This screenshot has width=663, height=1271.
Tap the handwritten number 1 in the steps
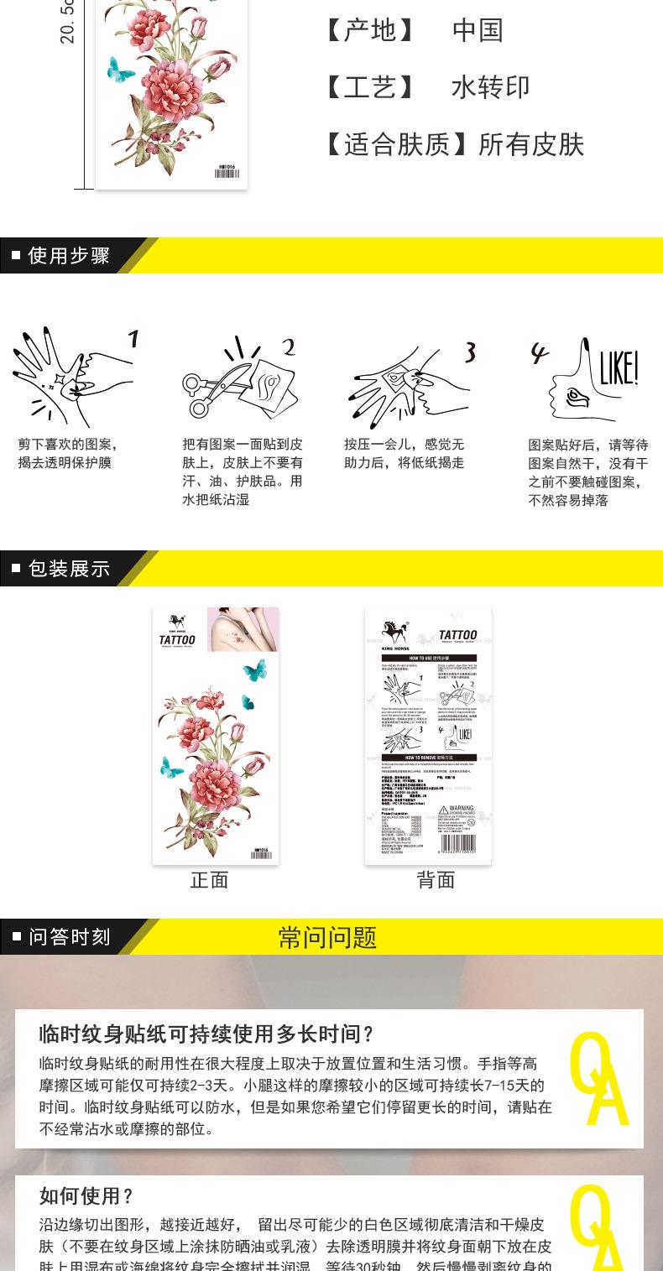[133, 339]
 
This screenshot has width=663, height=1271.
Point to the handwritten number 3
[470, 352]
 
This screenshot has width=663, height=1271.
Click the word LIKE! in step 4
[618, 368]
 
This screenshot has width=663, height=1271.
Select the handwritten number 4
[539, 354]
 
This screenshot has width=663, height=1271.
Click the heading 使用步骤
[69, 256]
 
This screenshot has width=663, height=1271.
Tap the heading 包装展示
[69, 569]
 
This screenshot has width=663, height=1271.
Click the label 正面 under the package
[209, 880]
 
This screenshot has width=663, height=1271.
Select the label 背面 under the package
[436, 880]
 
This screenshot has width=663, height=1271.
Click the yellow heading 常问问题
[327, 937]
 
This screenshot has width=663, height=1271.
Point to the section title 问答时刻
[70, 937]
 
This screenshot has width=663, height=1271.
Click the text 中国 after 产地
[478, 30]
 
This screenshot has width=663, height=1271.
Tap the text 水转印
[490, 87]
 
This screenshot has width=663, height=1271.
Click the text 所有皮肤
[531, 144]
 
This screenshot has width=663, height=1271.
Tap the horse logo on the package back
[395, 632]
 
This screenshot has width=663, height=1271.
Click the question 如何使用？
[86, 1195]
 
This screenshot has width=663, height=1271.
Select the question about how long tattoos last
[206, 1034]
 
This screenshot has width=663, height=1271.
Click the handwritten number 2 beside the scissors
[288, 347]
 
